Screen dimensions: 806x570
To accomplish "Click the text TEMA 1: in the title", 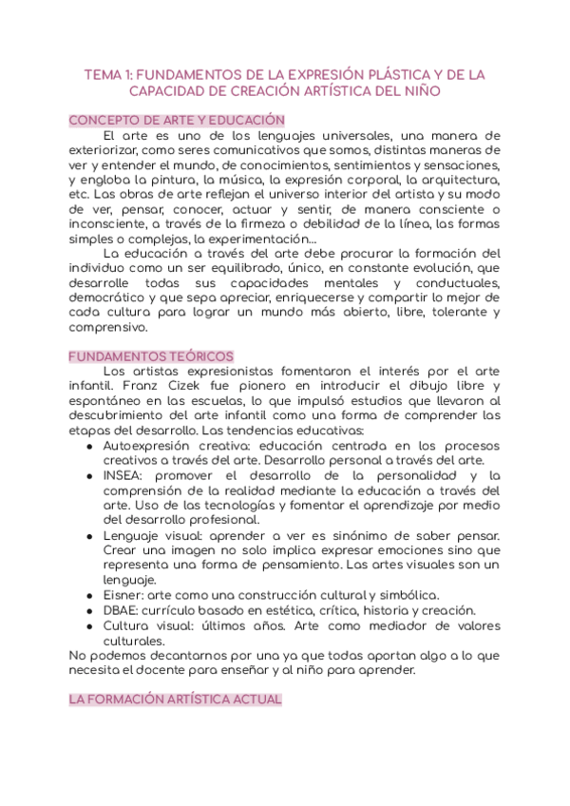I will [x=106, y=74].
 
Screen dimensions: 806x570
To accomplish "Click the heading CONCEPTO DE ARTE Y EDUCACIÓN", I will [x=177, y=121].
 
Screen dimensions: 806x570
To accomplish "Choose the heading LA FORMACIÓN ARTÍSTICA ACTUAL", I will [x=175, y=700].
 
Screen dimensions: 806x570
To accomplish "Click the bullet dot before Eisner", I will [x=89, y=595].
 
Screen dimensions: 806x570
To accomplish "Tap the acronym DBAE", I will [x=123, y=610].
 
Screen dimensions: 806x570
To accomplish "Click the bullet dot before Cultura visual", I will [x=89, y=625].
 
